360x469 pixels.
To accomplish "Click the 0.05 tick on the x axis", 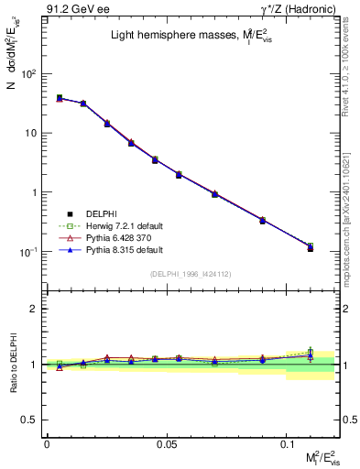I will pos(167,443).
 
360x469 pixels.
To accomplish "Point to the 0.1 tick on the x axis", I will pos(287,443).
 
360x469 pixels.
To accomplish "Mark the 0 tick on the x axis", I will pos(47,443).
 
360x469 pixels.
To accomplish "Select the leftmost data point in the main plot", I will pos(60,98).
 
